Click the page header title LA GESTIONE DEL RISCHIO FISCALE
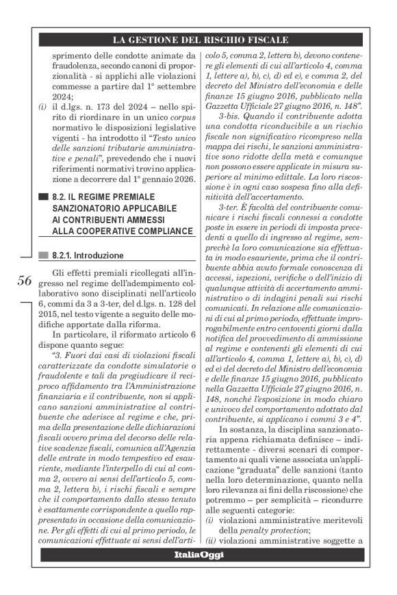click(x=200, y=40)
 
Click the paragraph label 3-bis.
click(x=230, y=117)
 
